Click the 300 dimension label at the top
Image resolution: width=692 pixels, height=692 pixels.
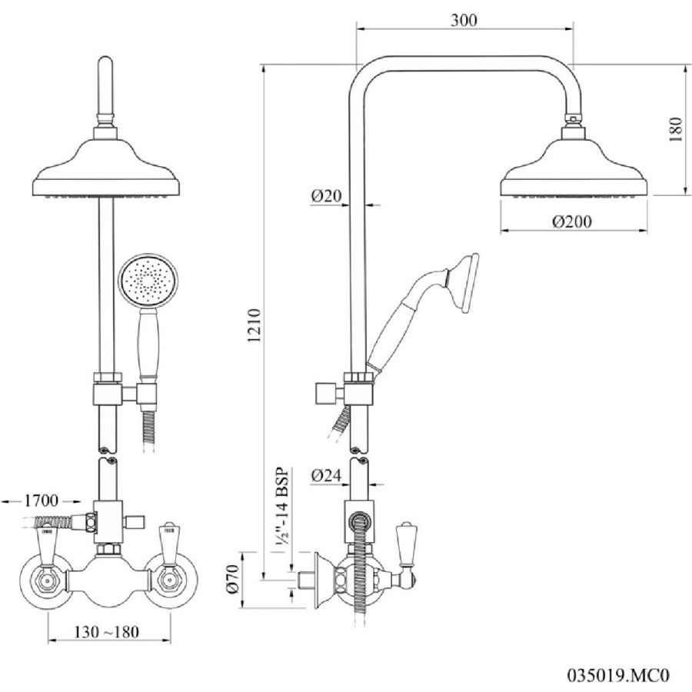[x=464, y=20]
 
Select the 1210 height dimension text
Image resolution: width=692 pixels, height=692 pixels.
[x=255, y=326]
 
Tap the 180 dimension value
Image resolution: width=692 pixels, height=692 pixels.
[x=675, y=129]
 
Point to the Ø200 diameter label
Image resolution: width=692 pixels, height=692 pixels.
[x=571, y=221]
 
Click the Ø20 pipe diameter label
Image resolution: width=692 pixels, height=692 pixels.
[x=326, y=195]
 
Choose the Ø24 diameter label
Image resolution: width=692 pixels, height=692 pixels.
[x=326, y=475]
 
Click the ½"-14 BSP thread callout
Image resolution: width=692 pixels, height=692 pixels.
[x=281, y=506]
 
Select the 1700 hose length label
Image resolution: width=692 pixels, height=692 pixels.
[x=41, y=501]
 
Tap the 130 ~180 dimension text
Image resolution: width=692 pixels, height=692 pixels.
[x=106, y=632]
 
